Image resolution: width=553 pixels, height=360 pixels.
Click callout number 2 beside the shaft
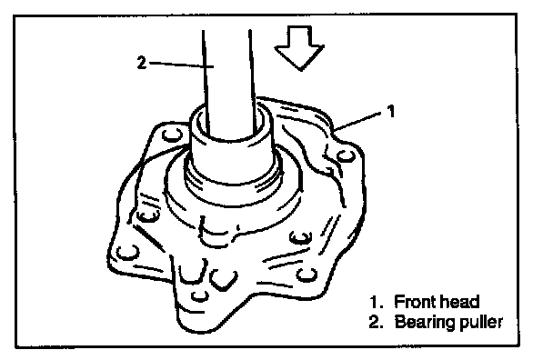[x=141, y=63]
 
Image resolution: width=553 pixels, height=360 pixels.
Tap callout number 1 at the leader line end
[x=391, y=111]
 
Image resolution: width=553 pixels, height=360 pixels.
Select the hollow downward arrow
[x=299, y=48]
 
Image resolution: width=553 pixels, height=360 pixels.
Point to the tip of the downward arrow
[x=300, y=70]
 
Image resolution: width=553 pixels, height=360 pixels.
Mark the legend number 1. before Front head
[x=377, y=302]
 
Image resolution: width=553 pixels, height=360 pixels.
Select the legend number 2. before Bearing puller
[x=377, y=322]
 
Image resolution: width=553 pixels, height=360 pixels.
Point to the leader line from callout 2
[x=182, y=65]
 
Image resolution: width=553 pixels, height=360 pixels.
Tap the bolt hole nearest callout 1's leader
[x=346, y=155]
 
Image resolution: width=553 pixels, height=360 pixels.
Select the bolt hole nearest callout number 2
[x=172, y=135]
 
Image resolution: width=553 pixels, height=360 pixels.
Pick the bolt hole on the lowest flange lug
[x=200, y=295]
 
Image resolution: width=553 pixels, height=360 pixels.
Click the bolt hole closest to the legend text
[x=307, y=275]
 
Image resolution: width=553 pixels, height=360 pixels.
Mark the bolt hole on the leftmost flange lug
[x=127, y=253]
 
